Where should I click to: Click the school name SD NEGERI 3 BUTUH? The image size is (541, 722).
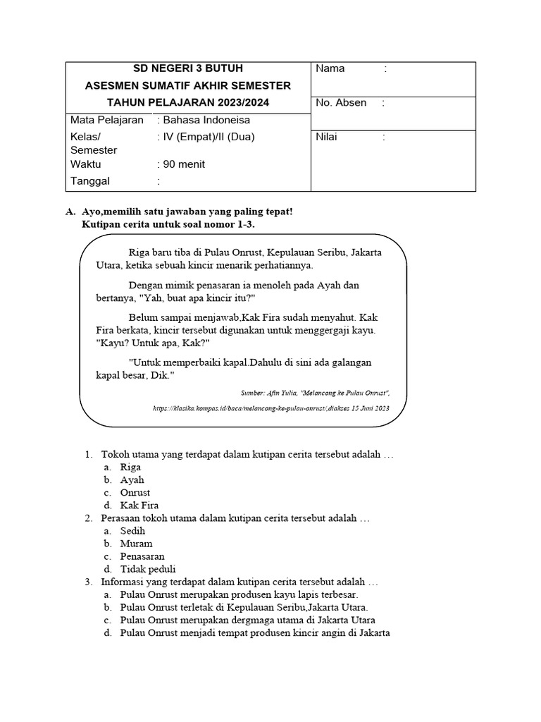pyautogui.click(x=187, y=68)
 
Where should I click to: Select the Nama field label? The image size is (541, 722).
pyautogui.click(x=330, y=68)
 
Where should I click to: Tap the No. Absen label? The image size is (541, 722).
pyautogui.click(x=341, y=103)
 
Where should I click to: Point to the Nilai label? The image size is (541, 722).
pyautogui.click(x=327, y=137)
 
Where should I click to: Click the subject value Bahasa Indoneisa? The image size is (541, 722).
pyautogui.click(x=206, y=120)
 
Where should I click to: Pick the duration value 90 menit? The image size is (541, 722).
pyautogui.click(x=184, y=164)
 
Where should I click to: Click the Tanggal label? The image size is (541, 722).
pyautogui.click(x=90, y=181)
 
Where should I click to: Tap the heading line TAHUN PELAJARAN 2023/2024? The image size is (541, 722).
pyautogui.click(x=187, y=103)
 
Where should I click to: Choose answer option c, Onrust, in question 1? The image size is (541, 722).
pyautogui.click(x=135, y=493)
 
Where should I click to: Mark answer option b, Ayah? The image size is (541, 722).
pyautogui.click(x=132, y=480)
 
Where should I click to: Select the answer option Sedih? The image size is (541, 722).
pyautogui.click(x=132, y=531)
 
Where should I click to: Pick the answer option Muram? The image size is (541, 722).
pyautogui.click(x=136, y=544)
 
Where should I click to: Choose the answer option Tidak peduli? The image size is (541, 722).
pyautogui.click(x=148, y=569)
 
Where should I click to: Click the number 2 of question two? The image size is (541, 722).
pyautogui.click(x=88, y=518)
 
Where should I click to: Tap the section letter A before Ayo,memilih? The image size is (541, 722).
pyautogui.click(x=69, y=212)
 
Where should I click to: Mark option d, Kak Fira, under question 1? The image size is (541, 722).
pyautogui.click(x=139, y=506)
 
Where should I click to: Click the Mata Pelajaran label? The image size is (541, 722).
pyautogui.click(x=107, y=120)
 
